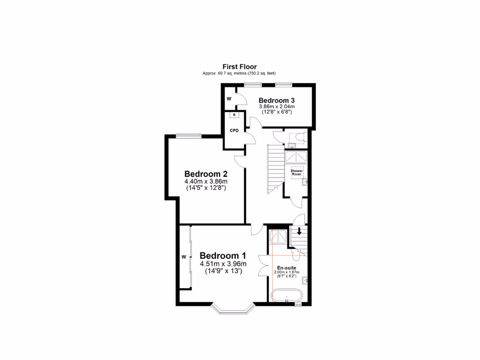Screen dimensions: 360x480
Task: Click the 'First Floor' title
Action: (240, 67)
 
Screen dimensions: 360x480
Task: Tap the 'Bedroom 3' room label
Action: (277, 100)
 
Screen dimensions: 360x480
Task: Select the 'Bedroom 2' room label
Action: (205, 173)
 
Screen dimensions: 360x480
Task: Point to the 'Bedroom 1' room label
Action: (223, 255)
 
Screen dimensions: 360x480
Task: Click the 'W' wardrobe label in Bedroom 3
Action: (229, 99)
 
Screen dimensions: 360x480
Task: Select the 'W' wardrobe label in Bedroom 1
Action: (184, 257)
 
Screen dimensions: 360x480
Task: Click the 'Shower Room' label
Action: (297, 172)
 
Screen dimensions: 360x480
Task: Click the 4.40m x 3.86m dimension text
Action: (205, 182)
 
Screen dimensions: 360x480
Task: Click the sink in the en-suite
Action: (304, 281)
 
